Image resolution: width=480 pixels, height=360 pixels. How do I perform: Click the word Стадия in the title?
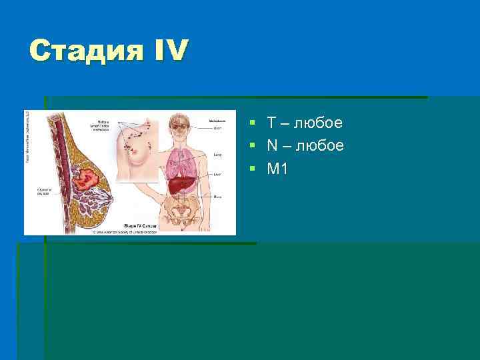(x=83, y=50)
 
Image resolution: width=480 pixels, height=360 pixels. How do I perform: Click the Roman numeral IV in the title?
(x=167, y=50)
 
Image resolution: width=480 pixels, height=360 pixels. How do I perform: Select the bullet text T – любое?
(x=305, y=123)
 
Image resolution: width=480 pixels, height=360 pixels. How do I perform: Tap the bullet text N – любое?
(x=305, y=145)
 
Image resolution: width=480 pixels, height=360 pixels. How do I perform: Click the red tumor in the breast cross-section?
(x=85, y=179)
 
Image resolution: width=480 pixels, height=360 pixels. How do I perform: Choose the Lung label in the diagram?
(x=217, y=154)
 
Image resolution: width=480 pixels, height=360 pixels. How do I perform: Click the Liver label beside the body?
(x=217, y=175)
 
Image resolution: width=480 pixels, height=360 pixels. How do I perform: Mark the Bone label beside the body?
(x=217, y=197)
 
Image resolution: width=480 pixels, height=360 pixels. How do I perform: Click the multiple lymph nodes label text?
(x=101, y=125)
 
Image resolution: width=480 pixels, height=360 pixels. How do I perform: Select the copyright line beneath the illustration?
(x=127, y=232)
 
